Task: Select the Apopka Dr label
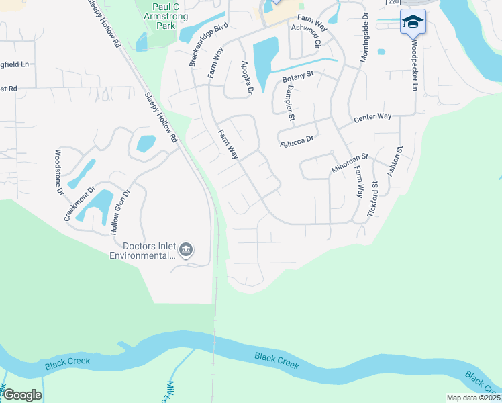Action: click(x=246, y=77)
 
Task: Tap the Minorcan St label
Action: click(x=350, y=163)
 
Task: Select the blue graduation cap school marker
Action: click(x=412, y=21)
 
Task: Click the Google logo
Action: click(x=22, y=395)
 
